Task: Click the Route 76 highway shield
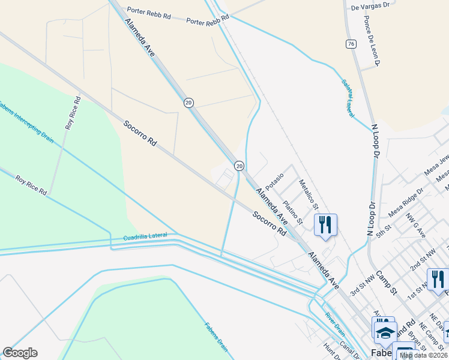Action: (x=351, y=44)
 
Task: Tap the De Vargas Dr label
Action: (x=370, y=7)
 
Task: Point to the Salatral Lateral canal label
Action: (x=348, y=98)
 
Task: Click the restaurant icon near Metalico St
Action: (x=325, y=225)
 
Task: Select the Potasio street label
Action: (x=273, y=180)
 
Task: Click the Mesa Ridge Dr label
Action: (x=406, y=202)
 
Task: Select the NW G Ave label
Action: (x=415, y=224)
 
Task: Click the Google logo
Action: (x=20, y=353)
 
